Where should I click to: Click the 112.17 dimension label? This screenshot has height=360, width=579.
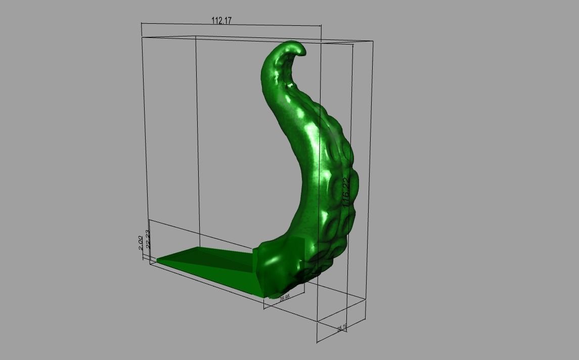[221, 21]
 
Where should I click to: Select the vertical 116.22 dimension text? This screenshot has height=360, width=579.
[346, 193]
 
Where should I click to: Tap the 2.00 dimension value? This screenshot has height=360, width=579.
[141, 242]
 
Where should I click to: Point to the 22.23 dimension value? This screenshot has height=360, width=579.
[148, 239]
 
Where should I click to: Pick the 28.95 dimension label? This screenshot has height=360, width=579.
[284, 298]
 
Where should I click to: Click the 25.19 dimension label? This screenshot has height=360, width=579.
[342, 328]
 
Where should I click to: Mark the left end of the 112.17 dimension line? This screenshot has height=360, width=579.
[142, 23]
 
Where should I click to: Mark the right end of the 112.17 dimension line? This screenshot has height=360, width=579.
[321, 26]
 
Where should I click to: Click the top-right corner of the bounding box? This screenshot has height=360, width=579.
[373, 42]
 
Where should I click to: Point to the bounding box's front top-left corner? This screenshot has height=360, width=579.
[142, 37]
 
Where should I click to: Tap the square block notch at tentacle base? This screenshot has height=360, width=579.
[298, 250]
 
